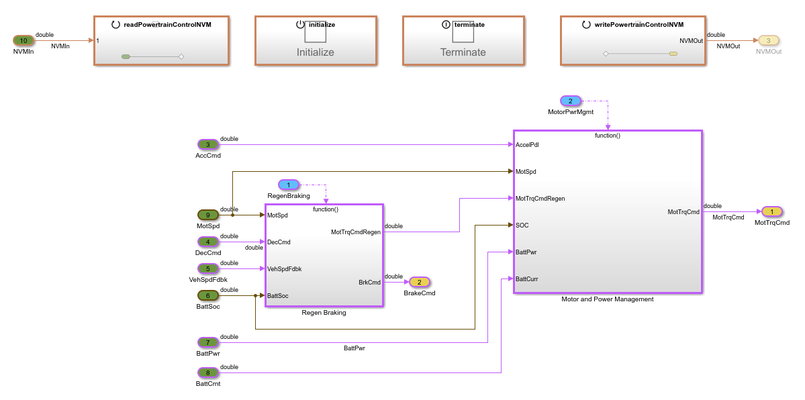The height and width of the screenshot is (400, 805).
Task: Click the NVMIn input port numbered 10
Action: click(x=23, y=40)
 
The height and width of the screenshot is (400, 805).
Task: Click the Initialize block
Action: click(x=315, y=41)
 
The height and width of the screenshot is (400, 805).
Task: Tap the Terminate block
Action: click(x=463, y=41)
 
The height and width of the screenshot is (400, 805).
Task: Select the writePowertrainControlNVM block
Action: click(x=633, y=41)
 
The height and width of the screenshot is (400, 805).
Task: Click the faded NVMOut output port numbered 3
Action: click(x=768, y=40)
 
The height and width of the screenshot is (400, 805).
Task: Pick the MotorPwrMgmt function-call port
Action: click(x=570, y=101)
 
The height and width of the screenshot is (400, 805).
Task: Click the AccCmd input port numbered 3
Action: click(x=208, y=144)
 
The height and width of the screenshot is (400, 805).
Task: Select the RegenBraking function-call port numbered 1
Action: click(x=289, y=185)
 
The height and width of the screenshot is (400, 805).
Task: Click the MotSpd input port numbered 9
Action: click(x=208, y=215)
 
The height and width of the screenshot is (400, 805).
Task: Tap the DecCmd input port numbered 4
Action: click(x=208, y=242)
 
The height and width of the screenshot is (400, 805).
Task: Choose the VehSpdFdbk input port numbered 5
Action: click(x=208, y=268)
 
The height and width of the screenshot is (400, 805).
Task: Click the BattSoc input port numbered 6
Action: click(x=208, y=295)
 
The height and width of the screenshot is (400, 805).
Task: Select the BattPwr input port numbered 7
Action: click(x=208, y=342)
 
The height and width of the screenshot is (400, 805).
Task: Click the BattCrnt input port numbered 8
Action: click(x=208, y=372)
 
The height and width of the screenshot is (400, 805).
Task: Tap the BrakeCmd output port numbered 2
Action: click(x=420, y=282)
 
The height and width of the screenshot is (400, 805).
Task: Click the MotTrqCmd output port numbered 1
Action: click(x=771, y=211)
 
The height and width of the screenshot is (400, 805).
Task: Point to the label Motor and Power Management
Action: click(x=607, y=299)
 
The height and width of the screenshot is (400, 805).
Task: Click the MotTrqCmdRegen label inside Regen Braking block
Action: click(x=355, y=232)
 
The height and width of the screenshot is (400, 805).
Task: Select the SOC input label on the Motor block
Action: click(x=522, y=226)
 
